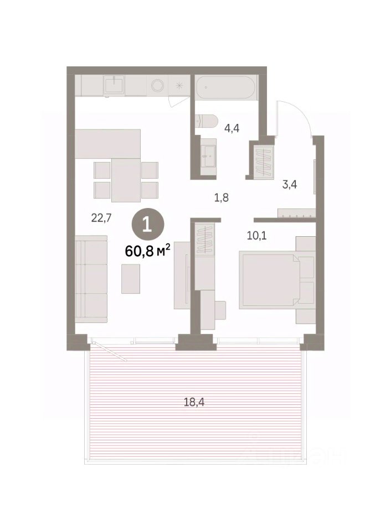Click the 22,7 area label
point(101,218)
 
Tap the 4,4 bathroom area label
point(232,128)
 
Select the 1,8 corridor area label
point(222,197)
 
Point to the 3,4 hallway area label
point(290,185)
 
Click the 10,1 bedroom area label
point(256,236)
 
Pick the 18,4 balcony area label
point(194,402)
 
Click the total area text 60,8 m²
point(147,251)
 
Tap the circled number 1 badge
point(148,225)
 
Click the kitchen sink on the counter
point(114,84)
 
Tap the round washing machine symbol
point(158,85)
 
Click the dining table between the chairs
point(126,180)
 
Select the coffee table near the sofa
point(131,279)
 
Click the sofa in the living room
point(91,279)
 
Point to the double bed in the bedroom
point(269,280)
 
